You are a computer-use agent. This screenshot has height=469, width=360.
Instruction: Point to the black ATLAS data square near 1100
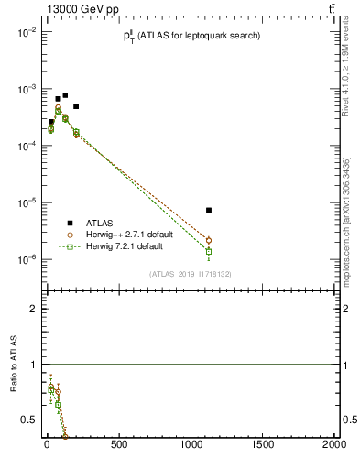(x=209, y=210)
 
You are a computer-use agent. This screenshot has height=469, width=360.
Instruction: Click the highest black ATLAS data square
(x=65, y=95)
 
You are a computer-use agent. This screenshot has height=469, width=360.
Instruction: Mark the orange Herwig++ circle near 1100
(x=209, y=240)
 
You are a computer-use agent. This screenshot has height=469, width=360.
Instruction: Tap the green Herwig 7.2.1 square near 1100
(x=209, y=251)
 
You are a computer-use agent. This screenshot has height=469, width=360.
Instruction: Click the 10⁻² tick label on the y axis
(x=26, y=32)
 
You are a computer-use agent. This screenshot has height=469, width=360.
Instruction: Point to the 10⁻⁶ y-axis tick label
(x=26, y=260)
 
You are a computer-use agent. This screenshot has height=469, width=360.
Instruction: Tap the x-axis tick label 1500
(x=263, y=445)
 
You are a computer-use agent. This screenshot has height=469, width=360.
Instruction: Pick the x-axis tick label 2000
(x=333, y=445)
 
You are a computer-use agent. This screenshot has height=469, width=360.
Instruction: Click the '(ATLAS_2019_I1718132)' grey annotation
(x=190, y=274)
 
